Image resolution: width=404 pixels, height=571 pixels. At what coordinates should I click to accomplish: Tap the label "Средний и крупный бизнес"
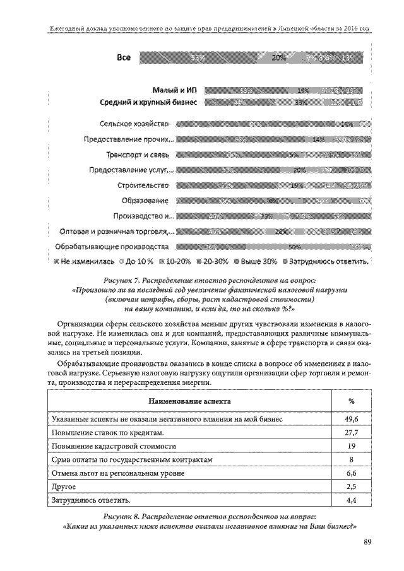coord(150,102)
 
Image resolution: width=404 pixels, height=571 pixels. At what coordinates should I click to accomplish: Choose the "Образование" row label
coord(145,201)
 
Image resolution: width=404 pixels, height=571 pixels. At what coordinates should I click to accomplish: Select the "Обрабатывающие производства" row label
coord(112,246)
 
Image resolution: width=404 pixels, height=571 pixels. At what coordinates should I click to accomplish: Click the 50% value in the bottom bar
coord(294,247)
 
